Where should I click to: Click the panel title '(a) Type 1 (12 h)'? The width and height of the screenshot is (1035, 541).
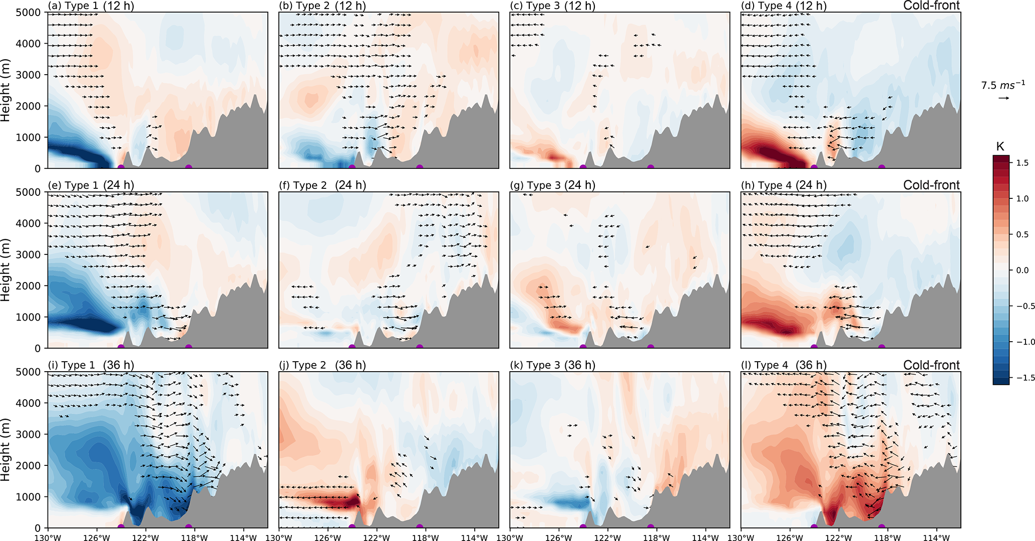(x=91, y=6)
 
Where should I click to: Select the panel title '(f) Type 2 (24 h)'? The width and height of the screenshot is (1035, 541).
(x=322, y=185)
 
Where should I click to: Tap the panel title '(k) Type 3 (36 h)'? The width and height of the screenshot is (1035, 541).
(x=553, y=365)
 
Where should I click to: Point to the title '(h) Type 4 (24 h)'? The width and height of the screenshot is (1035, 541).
(x=784, y=185)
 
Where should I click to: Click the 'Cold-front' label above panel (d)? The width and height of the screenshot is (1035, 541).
(x=931, y=6)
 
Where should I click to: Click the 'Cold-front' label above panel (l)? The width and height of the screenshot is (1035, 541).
(x=931, y=365)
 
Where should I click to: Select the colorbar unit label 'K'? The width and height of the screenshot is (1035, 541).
(x=1000, y=147)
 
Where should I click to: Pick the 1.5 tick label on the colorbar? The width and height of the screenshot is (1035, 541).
(x=1022, y=163)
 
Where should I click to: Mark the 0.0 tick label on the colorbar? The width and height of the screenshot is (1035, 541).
(x=1022, y=270)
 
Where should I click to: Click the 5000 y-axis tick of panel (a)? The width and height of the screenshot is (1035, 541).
(x=31, y=13)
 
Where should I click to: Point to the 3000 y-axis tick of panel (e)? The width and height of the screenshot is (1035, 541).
(x=31, y=254)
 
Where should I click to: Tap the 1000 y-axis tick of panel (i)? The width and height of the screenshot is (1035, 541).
(x=31, y=497)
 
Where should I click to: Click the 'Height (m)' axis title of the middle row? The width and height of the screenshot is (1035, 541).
(x=6, y=270)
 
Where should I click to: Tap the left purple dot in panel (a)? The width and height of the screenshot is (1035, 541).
(x=121, y=167)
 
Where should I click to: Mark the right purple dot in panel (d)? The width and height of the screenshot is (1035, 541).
(x=881, y=167)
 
